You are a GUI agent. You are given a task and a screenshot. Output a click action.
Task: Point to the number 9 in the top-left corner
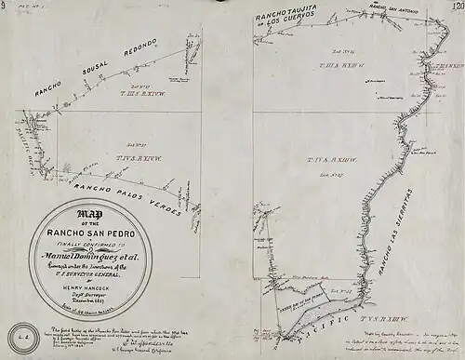7,7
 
